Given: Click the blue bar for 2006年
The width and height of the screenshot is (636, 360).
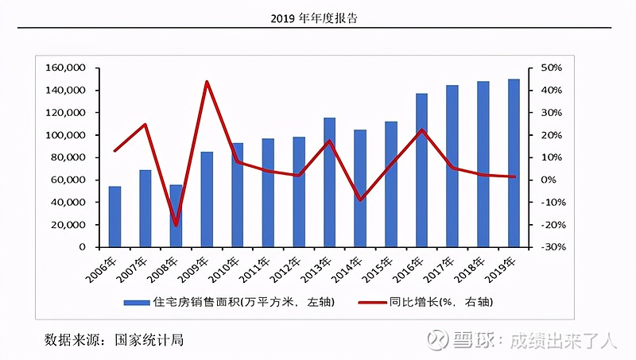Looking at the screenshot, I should tap(114, 216).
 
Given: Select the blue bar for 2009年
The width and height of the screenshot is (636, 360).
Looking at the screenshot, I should tap(207, 199).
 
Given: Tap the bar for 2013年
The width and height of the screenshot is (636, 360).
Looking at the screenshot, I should tap(329, 182).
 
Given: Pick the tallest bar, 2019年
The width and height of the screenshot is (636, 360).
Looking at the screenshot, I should tap(514, 163).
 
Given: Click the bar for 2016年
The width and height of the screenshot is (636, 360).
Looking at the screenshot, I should tap(421, 170).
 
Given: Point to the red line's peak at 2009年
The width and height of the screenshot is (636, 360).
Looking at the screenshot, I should tap(207, 82).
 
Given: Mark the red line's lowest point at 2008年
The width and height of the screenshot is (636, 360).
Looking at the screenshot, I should tap(176, 225).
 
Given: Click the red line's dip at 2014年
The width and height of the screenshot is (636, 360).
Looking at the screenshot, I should tap(360, 199).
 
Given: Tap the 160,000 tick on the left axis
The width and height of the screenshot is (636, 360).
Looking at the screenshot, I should tap(66, 68).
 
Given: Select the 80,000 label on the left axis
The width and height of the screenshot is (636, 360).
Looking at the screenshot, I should tap(69, 157).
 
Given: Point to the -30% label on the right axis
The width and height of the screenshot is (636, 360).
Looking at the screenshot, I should tap(551, 247).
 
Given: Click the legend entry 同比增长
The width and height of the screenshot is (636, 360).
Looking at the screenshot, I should tap(429, 303).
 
